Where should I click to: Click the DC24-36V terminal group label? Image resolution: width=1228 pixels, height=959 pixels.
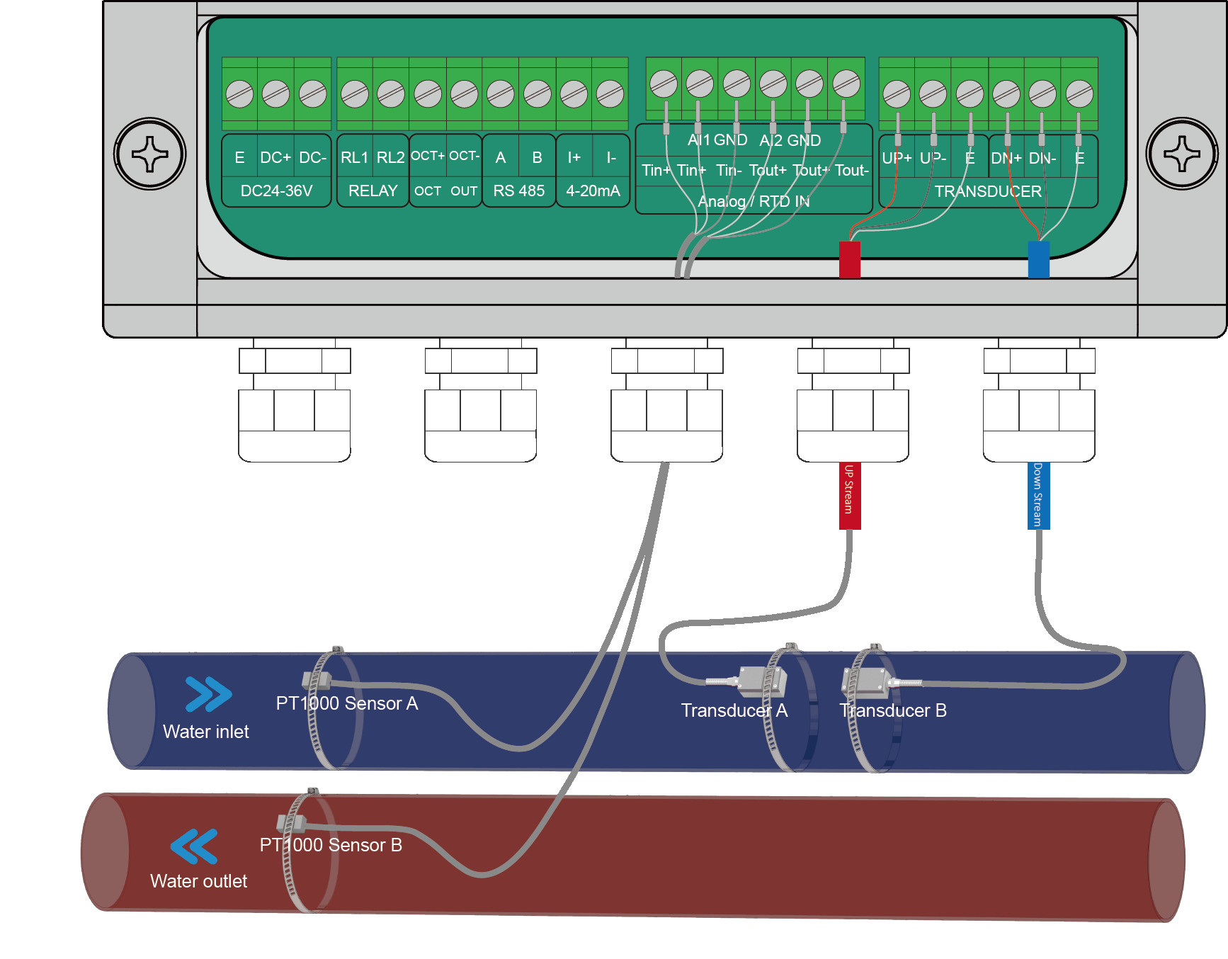tap(276, 191)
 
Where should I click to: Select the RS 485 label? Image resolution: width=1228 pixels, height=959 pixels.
tap(518, 191)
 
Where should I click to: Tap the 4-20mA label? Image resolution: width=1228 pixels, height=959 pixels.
tap(593, 191)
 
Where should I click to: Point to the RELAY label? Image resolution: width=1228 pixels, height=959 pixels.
tap(373, 191)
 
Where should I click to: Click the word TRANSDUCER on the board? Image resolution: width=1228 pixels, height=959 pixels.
tap(987, 192)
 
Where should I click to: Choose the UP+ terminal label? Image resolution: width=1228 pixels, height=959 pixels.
tap(896, 158)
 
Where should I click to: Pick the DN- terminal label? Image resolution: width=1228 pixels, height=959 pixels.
tap(1042, 158)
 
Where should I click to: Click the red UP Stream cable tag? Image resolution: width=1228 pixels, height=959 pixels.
tap(849, 495)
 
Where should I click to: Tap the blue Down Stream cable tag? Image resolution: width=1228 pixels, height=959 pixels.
tap(1037, 495)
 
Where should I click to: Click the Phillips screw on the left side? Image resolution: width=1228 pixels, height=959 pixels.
tap(150, 154)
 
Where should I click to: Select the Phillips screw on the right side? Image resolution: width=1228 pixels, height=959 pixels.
tap(1181, 154)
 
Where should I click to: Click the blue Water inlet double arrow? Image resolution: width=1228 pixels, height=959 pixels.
tap(207, 694)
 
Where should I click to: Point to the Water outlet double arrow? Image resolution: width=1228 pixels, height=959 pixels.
tap(194, 846)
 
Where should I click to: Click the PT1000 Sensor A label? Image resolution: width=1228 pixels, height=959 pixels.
tap(346, 703)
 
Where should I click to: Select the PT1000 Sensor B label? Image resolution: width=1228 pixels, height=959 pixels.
tap(331, 845)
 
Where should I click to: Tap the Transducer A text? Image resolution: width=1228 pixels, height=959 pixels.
tap(734, 710)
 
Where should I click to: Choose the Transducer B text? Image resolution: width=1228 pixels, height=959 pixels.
tap(893, 710)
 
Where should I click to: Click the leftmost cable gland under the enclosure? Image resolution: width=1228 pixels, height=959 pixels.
tap(295, 404)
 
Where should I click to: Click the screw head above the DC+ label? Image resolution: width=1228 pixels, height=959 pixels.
tap(275, 93)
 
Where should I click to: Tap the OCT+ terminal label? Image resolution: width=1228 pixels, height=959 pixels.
tap(428, 156)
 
